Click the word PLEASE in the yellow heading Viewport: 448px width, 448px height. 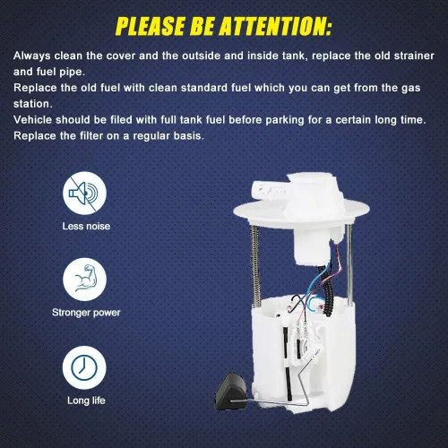point(151,26)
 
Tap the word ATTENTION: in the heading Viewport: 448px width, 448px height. point(276,26)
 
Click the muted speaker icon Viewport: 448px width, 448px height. point(84,194)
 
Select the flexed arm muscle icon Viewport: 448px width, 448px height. point(84,280)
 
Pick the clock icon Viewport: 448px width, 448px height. point(84,367)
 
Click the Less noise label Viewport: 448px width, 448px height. point(86,226)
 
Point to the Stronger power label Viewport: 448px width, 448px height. point(86,313)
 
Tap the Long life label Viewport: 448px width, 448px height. point(86,401)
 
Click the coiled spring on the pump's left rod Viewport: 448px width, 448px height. point(254,266)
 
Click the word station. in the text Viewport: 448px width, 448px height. point(33,104)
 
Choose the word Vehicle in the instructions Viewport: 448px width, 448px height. point(33,120)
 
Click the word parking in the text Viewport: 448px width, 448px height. point(285,120)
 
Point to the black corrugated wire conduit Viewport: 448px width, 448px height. point(327,289)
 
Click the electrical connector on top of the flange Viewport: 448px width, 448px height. point(269,191)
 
